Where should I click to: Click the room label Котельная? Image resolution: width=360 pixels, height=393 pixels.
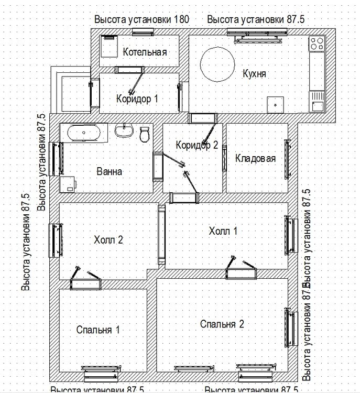[x=145, y=52]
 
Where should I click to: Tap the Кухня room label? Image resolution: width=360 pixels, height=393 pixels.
[x=254, y=73]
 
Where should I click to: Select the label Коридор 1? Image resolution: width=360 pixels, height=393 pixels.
[x=137, y=98]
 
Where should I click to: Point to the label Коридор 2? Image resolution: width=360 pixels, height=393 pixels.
[x=197, y=145]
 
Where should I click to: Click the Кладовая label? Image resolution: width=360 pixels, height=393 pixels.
[x=255, y=158]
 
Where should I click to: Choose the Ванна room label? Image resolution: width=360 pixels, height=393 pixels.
[x=110, y=171]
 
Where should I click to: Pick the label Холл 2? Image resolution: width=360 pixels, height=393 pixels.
[x=108, y=240]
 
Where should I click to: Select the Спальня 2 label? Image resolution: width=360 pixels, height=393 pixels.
[x=222, y=324]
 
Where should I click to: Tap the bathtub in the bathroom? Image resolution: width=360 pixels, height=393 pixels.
[x=84, y=133]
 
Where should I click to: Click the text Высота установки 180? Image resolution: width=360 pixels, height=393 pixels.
[x=141, y=19]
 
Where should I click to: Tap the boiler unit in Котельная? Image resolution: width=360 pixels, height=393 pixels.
[x=109, y=47]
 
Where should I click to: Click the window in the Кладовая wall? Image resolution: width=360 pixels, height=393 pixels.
[x=287, y=158]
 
